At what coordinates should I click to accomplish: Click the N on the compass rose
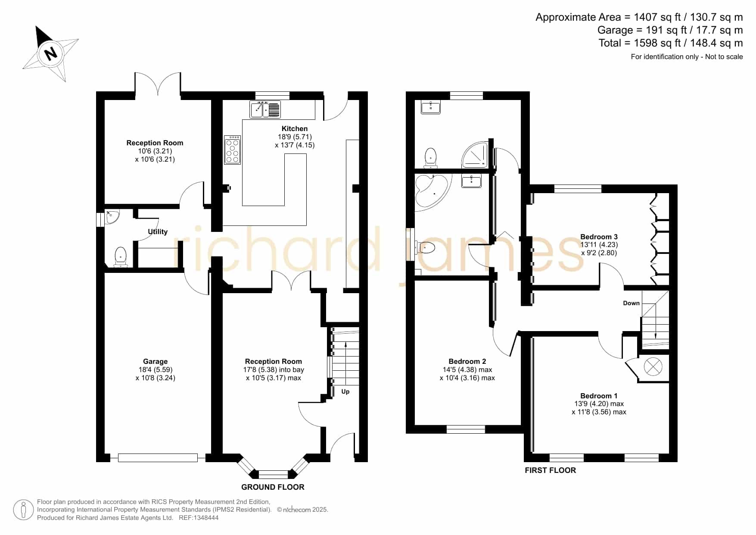51,53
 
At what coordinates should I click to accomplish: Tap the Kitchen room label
295,128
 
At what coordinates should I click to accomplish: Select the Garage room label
156,362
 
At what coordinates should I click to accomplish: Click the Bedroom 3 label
599,237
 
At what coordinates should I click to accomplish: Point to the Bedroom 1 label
599,396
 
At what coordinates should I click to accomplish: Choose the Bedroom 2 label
467,361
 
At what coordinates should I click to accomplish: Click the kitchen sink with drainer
265,110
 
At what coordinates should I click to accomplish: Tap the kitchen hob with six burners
233,150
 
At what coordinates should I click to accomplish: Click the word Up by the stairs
345,391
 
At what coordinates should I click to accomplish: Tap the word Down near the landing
632,303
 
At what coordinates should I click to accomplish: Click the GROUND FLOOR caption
273,487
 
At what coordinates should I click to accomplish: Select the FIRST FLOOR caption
550,470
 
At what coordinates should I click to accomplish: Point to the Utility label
158,232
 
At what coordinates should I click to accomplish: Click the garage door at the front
158,458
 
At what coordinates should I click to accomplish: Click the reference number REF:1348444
199,518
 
